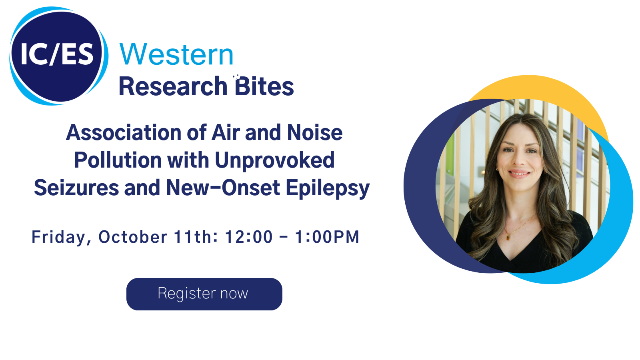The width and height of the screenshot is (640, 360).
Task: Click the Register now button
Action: (x=204, y=294)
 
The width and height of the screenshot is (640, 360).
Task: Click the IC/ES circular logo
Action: (x=59, y=56)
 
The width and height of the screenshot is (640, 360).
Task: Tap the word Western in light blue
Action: (x=176, y=54)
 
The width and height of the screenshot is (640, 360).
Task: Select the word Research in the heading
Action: (x=173, y=86)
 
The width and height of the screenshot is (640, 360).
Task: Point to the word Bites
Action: (x=264, y=86)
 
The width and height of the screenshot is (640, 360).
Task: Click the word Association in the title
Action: (x=124, y=132)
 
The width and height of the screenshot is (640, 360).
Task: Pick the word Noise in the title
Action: (x=314, y=132)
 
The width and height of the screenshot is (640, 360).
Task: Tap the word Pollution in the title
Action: (x=118, y=160)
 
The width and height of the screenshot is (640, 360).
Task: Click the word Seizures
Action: (x=76, y=188)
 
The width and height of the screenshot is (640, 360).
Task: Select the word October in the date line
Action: (x=133, y=237)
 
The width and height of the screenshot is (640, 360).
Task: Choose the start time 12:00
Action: (x=249, y=237)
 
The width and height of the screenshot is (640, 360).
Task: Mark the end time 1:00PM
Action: (x=327, y=237)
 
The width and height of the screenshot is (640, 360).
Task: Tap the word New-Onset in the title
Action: (x=223, y=188)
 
